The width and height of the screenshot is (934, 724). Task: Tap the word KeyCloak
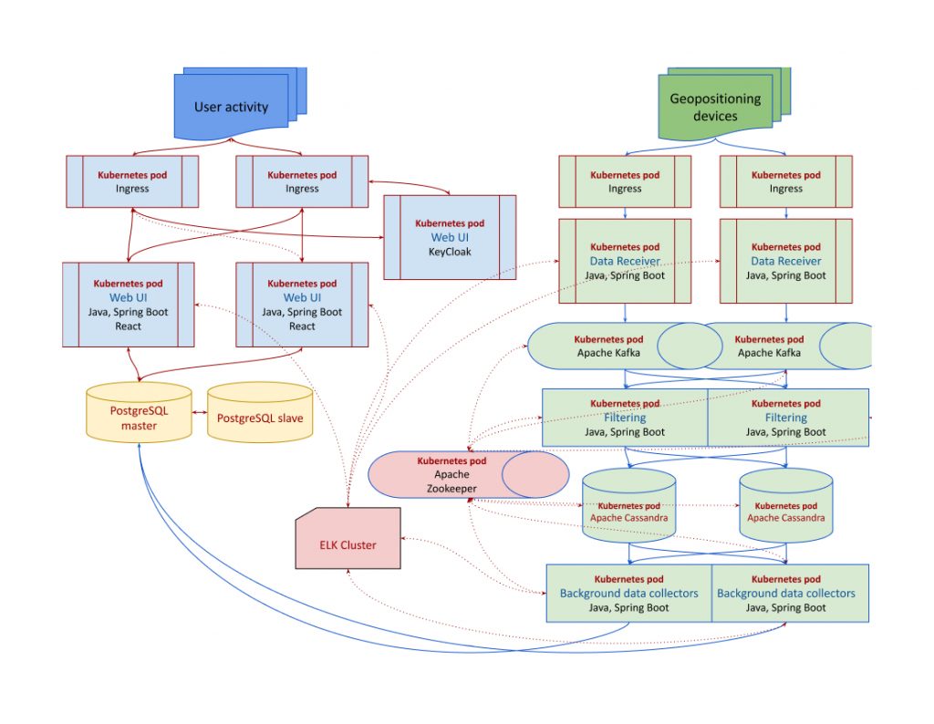450,252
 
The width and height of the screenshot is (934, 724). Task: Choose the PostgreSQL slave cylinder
260,418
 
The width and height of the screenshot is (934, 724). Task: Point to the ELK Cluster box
348,544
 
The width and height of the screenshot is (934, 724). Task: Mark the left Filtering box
625,418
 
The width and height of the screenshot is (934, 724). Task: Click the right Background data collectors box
786,593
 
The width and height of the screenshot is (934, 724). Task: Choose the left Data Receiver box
625,261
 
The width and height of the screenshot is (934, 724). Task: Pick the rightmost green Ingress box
786,181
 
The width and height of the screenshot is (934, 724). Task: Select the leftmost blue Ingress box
132,181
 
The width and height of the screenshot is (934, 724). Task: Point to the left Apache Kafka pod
606,345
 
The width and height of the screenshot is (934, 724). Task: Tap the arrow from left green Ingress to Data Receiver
625,213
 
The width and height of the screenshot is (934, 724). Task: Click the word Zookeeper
451,489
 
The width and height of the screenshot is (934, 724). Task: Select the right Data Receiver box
786,261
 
